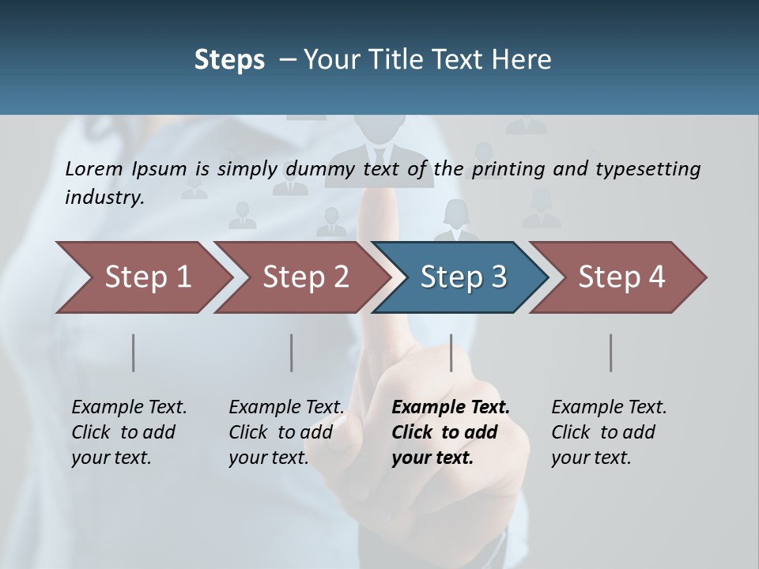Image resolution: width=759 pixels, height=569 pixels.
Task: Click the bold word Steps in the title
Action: (229, 60)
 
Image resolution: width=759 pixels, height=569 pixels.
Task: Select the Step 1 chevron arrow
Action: (142, 277)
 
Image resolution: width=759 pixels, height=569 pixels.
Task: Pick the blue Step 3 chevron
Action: (462, 277)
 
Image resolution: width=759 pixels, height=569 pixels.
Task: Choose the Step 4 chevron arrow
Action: (620, 277)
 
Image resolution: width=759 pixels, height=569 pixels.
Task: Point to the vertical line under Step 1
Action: (134, 352)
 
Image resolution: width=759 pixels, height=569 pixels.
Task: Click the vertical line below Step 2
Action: (292, 352)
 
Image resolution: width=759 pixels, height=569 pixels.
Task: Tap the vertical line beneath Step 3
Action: (451, 352)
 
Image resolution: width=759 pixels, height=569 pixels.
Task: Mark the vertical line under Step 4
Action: (611, 352)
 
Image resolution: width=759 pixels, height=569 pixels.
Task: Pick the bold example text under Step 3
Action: (450, 432)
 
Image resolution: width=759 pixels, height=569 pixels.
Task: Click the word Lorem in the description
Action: (94, 168)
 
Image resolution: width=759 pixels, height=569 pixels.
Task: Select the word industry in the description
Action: (104, 197)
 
